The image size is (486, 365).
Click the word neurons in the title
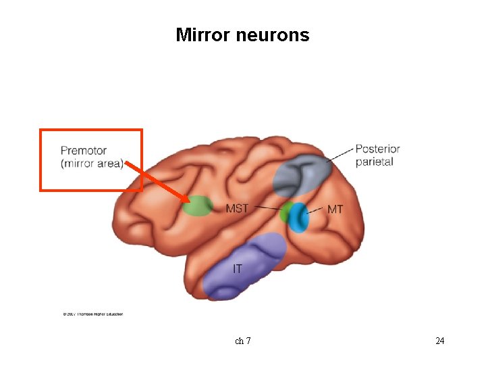pos(273,35)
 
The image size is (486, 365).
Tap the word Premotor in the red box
pos(84,150)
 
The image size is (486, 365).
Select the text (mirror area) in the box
pos(92,164)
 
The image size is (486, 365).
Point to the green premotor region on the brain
pos(198,205)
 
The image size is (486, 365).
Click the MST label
pos(237,208)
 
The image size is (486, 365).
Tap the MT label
pos(335,210)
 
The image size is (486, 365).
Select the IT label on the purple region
pos(238,269)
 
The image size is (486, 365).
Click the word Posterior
pos(377,149)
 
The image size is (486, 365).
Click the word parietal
pos(375,162)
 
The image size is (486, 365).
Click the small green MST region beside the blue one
pos(286,213)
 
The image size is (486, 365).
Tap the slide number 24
pos(439,341)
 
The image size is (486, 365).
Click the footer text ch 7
pos(243,341)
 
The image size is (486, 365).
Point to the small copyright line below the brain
pos(93,314)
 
